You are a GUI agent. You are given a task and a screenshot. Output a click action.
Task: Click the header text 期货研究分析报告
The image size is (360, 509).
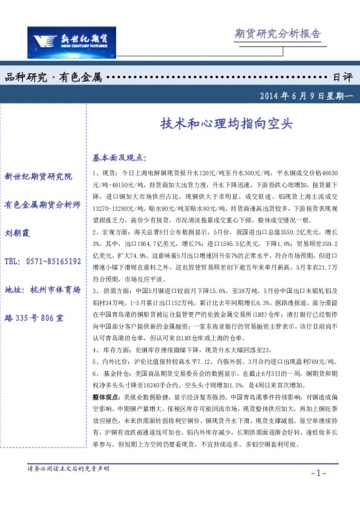(277, 34)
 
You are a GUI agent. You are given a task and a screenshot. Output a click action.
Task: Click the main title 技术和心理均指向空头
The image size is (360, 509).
(226, 123)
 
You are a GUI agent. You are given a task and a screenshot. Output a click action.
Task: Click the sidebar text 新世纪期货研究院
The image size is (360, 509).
(38, 177)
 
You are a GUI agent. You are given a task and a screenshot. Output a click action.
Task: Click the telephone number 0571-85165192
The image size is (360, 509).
(42, 261)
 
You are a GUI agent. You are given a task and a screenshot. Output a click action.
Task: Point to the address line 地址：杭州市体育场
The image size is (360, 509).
(42, 290)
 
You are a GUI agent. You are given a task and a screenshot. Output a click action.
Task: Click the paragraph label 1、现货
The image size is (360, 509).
(105, 173)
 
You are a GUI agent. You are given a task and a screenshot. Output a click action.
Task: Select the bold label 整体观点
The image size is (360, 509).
(106, 397)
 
